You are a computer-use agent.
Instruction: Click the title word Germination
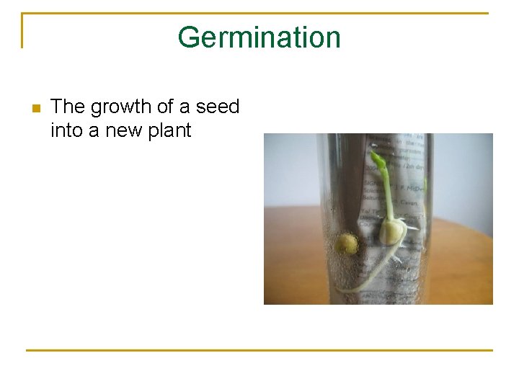(259, 37)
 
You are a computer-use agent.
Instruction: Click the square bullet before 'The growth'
(35, 109)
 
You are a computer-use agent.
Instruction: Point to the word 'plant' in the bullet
(169, 130)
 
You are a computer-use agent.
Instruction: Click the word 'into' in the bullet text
(66, 130)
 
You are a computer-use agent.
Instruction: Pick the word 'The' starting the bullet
(68, 107)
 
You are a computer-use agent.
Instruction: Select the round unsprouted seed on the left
(347, 243)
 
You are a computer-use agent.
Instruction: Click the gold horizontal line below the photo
(259, 350)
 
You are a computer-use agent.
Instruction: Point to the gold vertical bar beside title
(23, 30)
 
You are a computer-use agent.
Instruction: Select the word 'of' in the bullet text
(164, 107)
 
